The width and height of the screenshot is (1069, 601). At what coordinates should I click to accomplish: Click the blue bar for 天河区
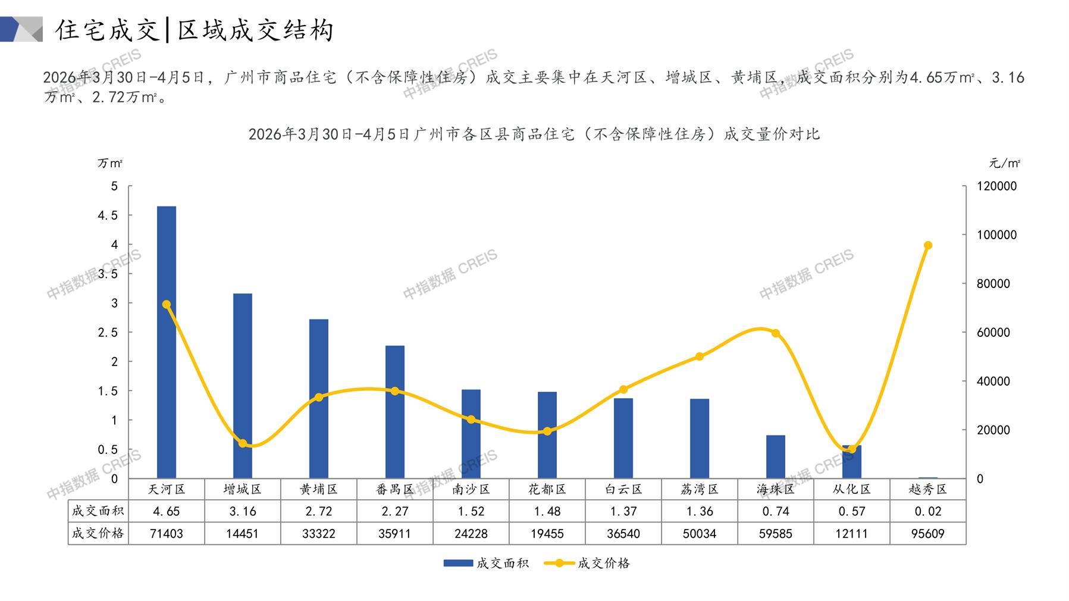167,342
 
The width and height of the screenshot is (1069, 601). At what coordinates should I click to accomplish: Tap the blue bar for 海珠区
776,456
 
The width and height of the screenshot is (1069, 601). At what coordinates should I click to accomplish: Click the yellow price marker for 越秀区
928,245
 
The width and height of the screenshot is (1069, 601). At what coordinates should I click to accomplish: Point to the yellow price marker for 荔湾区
700,356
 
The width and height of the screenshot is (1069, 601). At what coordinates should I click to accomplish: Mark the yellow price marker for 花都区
547,431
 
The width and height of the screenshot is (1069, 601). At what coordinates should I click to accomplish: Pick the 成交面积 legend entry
486,563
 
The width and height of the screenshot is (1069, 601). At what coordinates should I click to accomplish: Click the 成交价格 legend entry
587,563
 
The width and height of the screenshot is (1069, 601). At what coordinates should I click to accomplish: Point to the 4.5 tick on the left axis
108,215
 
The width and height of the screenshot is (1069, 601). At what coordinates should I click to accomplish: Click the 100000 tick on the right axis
997,235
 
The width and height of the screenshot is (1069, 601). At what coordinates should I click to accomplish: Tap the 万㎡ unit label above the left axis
110,163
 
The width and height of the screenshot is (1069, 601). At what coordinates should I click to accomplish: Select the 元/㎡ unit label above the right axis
1005,163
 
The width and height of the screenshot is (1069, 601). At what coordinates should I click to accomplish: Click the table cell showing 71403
167,534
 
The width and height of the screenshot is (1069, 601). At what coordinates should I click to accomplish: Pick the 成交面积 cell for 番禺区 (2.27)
395,511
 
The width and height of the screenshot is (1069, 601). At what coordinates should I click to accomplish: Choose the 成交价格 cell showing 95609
928,534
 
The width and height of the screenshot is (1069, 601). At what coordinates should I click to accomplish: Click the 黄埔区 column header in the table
319,489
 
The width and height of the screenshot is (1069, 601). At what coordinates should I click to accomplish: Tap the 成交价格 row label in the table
98,533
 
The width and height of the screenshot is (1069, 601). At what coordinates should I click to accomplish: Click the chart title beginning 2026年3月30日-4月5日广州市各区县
534,134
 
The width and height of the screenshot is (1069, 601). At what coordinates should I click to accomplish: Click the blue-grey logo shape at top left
21,29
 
